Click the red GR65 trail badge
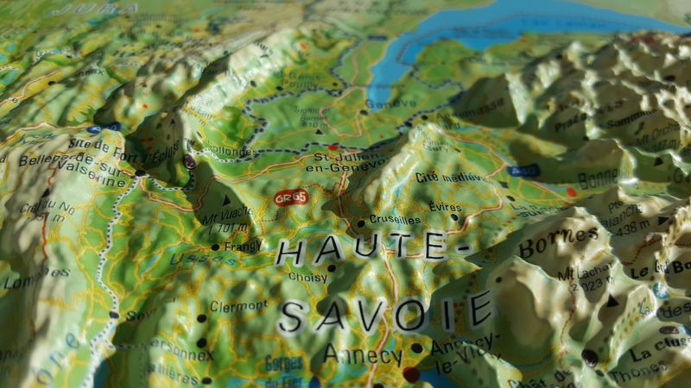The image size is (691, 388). coord(290,198)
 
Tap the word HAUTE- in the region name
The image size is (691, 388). coord(362,250)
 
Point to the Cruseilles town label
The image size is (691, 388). coord(396,220)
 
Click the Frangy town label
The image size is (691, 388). coord(243,247)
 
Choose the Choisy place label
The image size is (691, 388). coord(307,278)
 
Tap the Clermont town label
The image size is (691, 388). coord(239,305)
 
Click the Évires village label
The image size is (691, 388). coord(446,207)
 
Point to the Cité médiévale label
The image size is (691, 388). coord(447,178)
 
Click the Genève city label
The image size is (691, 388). coord(390,103)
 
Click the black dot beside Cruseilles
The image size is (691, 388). coord(361,223)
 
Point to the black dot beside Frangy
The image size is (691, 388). coord(215,247)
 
